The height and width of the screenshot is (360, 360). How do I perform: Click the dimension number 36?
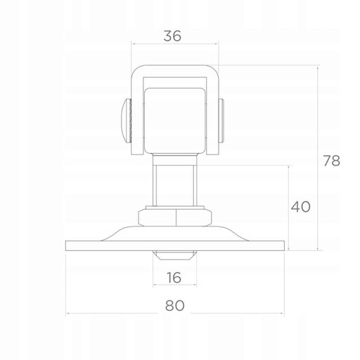pyautogui.click(x=172, y=36)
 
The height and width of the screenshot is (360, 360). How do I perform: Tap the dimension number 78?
pyautogui.click(x=331, y=161)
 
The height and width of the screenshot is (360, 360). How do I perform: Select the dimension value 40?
pyautogui.click(x=301, y=207)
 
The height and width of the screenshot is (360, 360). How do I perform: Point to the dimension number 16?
pyautogui.click(x=174, y=278)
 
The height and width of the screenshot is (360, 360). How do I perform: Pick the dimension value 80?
pyautogui.click(x=175, y=305)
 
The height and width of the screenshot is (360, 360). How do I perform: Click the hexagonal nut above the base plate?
pyautogui.click(x=175, y=218)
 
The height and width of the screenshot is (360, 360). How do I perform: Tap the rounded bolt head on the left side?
pyautogui.click(x=126, y=121)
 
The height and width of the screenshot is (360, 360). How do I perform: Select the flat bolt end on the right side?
pyautogui.click(x=221, y=121)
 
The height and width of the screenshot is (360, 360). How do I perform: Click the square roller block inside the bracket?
pyautogui.click(x=175, y=121)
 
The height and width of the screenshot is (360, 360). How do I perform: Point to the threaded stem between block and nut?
pyautogui.click(x=175, y=180)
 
